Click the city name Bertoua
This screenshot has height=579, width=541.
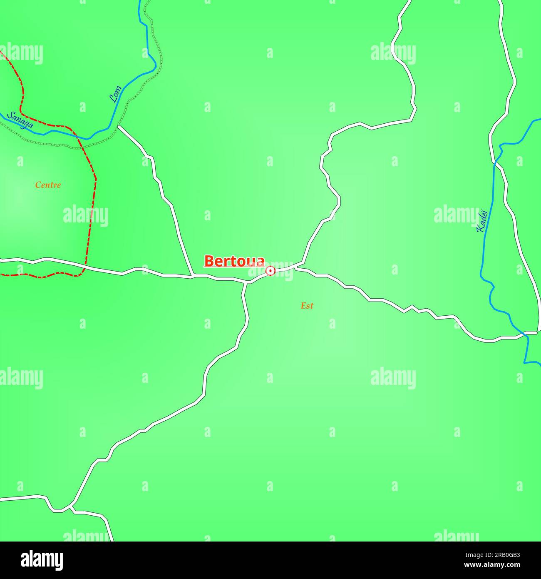234,261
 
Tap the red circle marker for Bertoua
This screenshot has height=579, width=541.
270,271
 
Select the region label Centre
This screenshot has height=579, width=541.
48,185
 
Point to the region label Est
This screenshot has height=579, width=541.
307,306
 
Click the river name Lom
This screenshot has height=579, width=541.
115,95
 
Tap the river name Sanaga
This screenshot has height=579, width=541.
20,120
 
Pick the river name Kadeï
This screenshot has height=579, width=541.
481,221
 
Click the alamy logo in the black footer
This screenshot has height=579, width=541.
42,560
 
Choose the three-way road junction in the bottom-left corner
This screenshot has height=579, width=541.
70,507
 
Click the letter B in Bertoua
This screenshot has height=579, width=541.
209,261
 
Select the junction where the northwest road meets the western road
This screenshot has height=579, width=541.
191,276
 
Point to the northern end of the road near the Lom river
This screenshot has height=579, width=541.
119,126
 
